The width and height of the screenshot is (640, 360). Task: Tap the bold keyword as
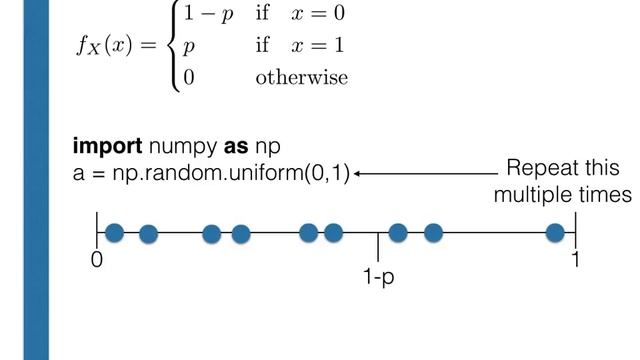coord(236,150)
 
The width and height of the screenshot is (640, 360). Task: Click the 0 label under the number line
coord(96,258)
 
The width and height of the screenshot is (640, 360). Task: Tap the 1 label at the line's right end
coord(576,258)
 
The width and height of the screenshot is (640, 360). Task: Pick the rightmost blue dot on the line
coord(555,233)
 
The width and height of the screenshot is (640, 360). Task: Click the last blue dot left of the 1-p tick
coord(333,233)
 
